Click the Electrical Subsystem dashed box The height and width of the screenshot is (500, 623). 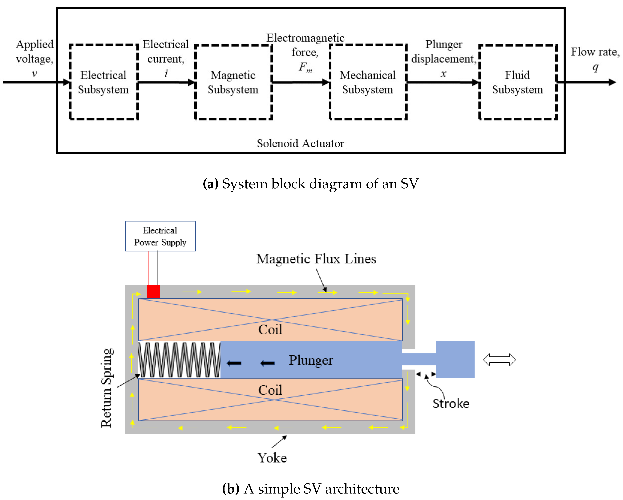[x=103, y=82]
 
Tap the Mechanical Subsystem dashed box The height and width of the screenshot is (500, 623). [x=368, y=82]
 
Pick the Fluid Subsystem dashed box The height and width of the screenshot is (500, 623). [x=518, y=82]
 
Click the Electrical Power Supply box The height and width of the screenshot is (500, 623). [x=160, y=236]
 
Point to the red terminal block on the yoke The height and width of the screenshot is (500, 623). [x=153, y=291]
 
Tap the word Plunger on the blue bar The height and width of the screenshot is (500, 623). [x=311, y=360]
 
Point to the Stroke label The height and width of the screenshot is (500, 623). [x=451, y=404]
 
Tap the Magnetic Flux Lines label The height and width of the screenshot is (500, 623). [x=316, y=259]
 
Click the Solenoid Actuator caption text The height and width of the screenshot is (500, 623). [x=301, y=143]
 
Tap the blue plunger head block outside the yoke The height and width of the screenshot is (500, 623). [x=455, y=359]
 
